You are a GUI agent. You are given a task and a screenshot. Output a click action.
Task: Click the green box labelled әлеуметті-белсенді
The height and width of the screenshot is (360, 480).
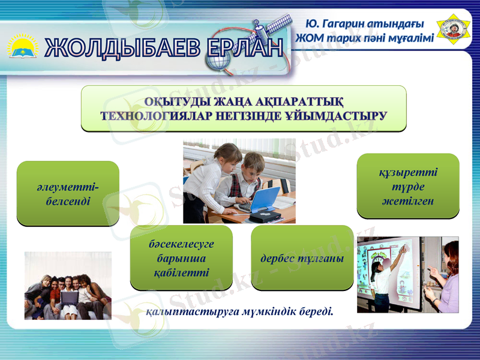pos(68,193)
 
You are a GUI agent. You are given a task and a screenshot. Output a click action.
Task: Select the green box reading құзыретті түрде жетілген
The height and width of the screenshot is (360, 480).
pos(408,186)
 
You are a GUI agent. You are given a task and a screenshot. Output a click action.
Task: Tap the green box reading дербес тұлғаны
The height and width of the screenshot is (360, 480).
pos(302,258)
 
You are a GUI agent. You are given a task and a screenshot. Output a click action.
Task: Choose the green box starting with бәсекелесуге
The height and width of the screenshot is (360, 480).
pos(181,258)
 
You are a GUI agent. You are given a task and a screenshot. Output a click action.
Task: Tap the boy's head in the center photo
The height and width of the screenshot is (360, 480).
pos(253,163)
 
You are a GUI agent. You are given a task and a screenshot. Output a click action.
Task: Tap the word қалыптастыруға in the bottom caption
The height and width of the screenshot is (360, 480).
pos(183,312)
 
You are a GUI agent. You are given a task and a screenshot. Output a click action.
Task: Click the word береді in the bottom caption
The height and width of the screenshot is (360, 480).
pos(314,312)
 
